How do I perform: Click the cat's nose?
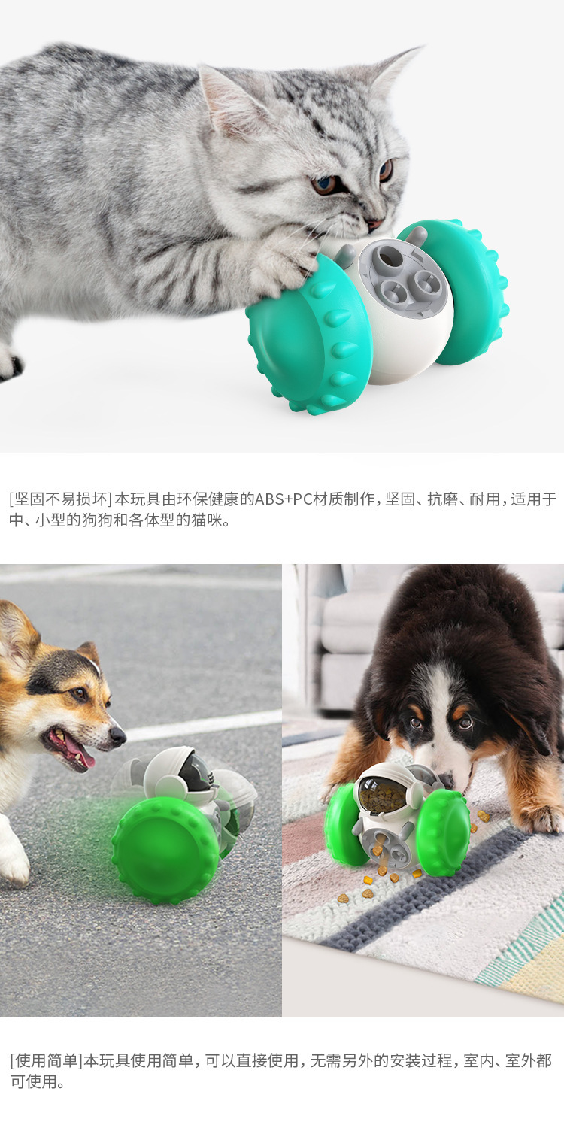tap(373, 223)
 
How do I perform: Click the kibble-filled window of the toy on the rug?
tap(383, 793)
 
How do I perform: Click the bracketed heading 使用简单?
tap(45, 1061)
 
